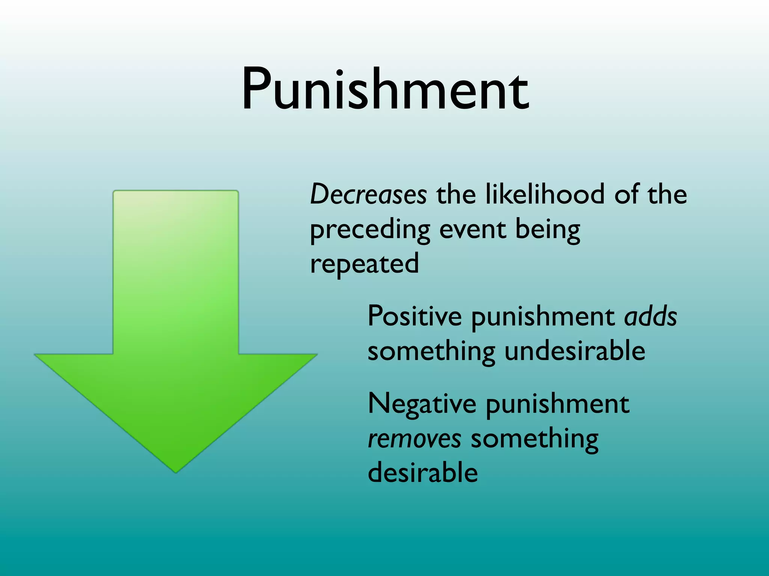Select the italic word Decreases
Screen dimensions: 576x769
[368, 194]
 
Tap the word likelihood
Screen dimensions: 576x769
[545, 194]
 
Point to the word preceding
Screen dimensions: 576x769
[370, 230]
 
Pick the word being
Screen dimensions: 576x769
[548, 230]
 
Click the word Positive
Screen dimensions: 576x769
[415, 316]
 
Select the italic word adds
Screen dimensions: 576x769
[651, 316]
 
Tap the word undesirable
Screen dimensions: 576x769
[575, 351]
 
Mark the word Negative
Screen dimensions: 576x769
[422, 403]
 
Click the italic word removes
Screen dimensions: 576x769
[415, 438]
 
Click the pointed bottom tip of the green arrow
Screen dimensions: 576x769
[176, 471]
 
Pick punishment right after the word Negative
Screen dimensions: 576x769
[558, 404]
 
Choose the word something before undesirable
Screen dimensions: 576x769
[431, 352]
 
